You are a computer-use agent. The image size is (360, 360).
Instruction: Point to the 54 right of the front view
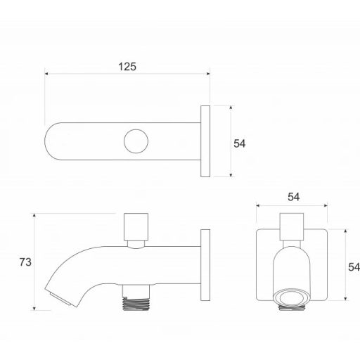pos(353,266)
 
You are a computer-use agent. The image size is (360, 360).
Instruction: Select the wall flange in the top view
pos(205,142)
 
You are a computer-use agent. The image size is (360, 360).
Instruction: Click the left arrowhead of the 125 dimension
pos(46,73)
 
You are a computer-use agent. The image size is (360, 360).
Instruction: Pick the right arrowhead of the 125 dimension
pos(209,73)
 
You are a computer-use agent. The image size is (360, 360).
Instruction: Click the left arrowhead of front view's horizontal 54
pos(258,206)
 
